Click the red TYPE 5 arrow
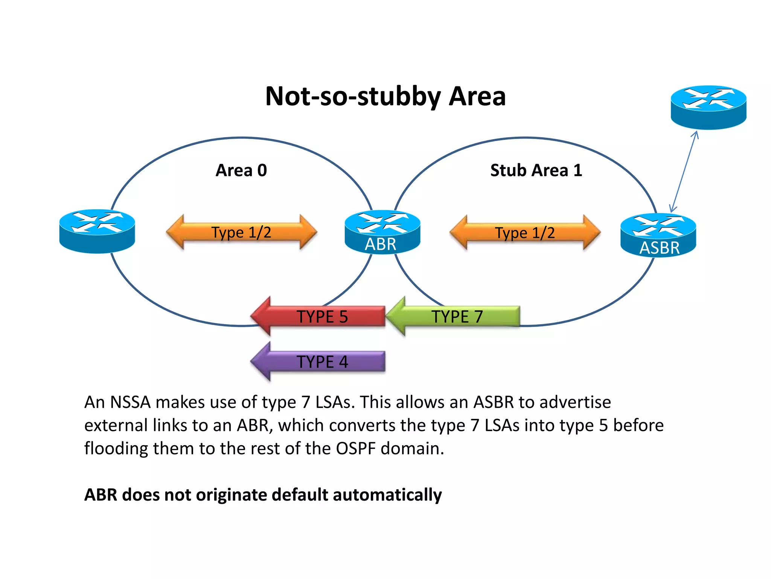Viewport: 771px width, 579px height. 318,316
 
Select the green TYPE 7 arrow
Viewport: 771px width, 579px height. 454,316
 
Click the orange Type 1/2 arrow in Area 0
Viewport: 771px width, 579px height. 241,232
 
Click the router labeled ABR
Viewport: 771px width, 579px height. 382,232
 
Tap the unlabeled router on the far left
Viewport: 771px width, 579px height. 97,231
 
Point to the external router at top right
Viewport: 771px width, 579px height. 709,107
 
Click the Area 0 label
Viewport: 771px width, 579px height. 241,170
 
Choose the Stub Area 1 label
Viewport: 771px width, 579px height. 536,170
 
